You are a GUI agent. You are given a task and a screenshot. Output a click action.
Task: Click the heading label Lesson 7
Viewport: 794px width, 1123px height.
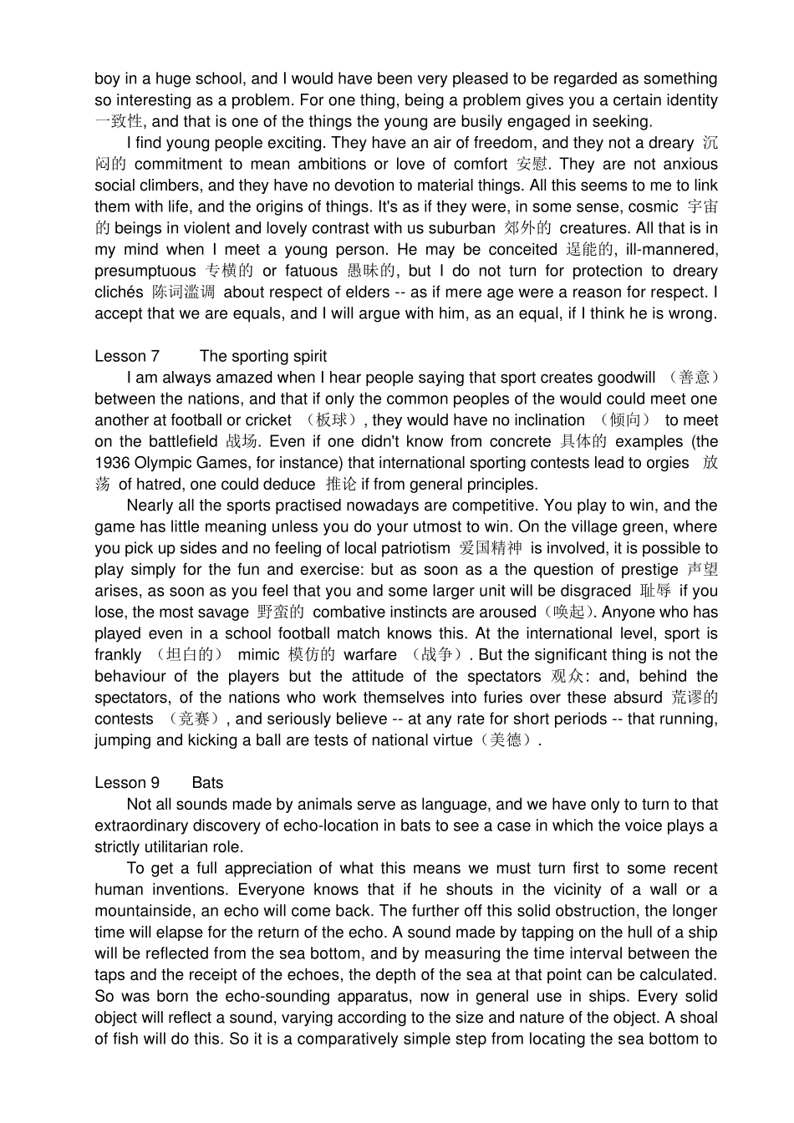(127, 357)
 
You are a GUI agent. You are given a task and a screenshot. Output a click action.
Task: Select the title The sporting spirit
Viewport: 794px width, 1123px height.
(263, 357)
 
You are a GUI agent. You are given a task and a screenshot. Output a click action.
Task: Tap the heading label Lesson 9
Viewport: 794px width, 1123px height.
(127, 783)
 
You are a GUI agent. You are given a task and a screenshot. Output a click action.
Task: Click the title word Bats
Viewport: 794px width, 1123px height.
(207, 783)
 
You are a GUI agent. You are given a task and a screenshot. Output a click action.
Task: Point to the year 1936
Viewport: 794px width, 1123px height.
(111, 463)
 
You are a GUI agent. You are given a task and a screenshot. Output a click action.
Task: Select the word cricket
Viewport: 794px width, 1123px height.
(266, 420)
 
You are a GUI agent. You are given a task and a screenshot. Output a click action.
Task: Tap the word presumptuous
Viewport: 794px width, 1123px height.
(145, 271)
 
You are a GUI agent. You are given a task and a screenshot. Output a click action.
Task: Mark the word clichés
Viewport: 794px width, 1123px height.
(119, 292)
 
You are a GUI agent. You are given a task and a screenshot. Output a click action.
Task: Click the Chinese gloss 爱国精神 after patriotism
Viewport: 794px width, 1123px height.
(491, 548)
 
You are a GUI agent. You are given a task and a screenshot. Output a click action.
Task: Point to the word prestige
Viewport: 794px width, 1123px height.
(649, 570)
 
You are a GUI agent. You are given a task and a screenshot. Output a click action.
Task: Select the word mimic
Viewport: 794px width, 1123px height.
(258, 655)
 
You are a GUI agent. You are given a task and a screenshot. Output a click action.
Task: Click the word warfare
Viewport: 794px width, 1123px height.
(370, 655)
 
